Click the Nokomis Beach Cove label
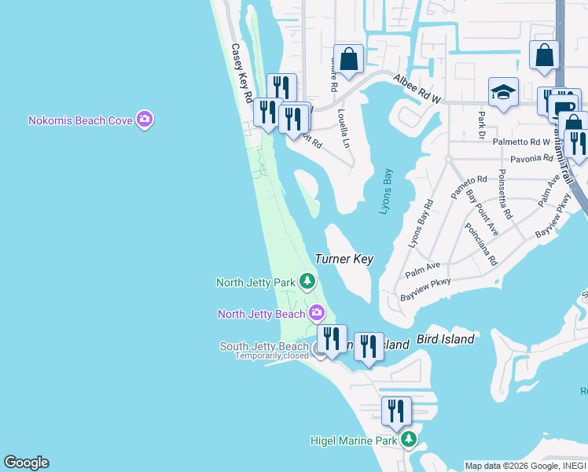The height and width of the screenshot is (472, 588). (80, 120)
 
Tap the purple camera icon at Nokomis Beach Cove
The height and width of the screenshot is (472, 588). (144, 120)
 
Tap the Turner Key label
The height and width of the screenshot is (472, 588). (344, 259)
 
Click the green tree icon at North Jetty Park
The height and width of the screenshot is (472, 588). (307, 281)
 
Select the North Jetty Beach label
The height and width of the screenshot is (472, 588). (262, 314)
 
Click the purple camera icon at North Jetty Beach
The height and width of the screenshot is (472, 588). (316, 313)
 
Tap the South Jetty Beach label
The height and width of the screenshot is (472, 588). (264, 346)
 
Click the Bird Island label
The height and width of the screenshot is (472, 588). (445, 339)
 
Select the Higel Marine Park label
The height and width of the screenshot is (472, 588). (353, 441)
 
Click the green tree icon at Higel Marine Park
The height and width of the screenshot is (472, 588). (408, 440)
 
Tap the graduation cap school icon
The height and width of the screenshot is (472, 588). (502, 93)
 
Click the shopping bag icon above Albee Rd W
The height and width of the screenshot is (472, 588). (349, 57)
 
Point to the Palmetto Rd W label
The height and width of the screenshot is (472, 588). (521, 142)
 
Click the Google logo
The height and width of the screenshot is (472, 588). (26, 463)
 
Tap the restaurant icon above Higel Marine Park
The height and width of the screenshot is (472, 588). (396, 411)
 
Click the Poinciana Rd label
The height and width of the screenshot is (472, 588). (480, 244)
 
